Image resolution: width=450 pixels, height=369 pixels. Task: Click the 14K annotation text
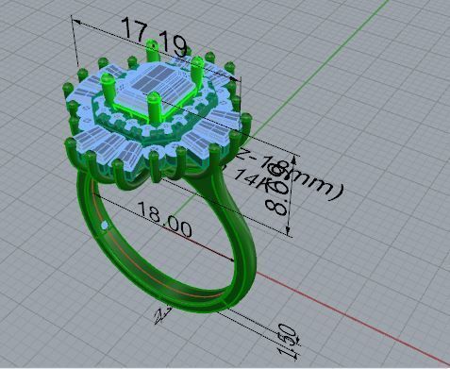coord(253,176)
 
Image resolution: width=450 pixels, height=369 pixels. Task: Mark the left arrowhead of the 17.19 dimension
coord(74,20)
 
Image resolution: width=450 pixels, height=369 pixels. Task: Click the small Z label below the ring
coord(163,310)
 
